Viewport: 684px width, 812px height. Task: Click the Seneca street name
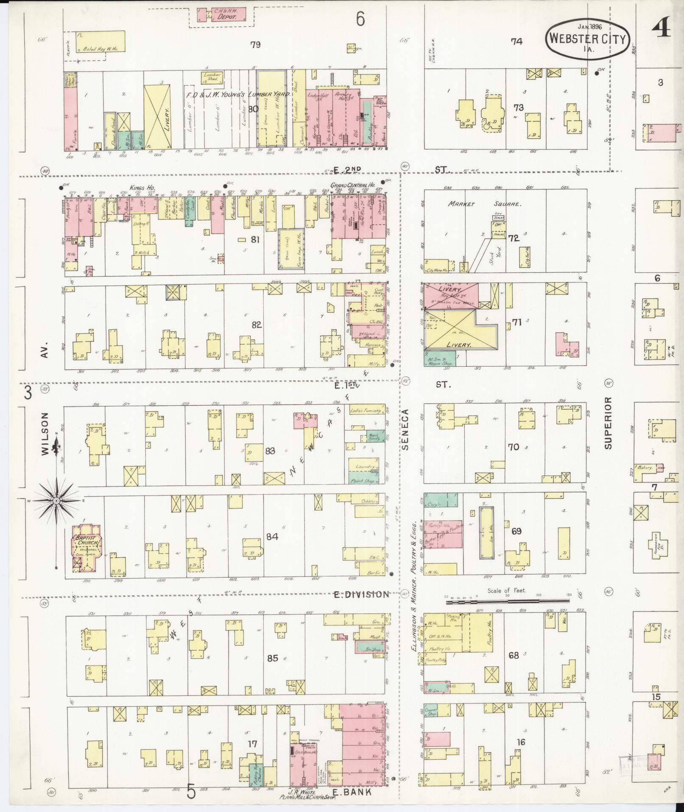(405, 429)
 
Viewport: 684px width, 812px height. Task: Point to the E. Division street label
(361, 594)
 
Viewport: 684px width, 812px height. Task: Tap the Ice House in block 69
(486, 532)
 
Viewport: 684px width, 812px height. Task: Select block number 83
(270, 451)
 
